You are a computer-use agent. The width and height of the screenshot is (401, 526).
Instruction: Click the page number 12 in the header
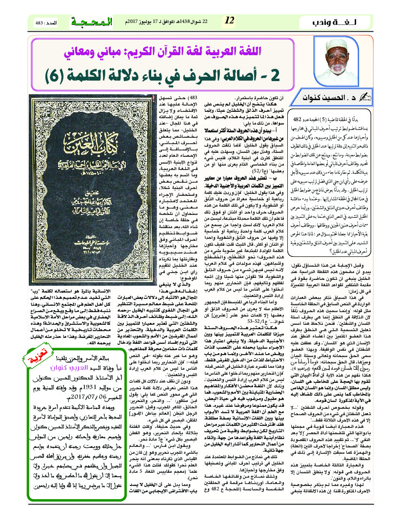pos(229,21)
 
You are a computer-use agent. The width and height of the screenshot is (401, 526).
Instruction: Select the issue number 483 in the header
pos(40,23)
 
